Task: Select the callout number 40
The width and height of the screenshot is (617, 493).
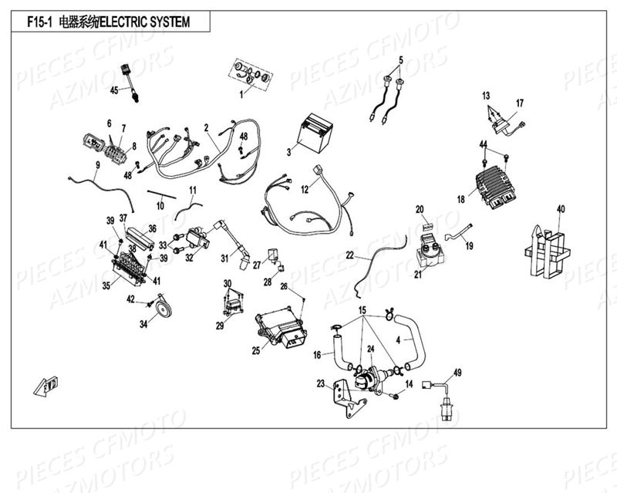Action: (x=561, y=208)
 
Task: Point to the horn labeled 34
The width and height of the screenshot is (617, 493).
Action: (x=162, y=308)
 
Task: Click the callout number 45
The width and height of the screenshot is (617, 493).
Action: (x=113, y=90)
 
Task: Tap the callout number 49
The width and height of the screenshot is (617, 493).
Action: (x=457, y=373)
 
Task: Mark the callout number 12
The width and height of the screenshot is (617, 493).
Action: (x=304, y=188)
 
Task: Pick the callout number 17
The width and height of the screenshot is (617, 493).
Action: (x=520, y=103)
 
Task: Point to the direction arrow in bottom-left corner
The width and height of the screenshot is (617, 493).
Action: (x=48, y=383)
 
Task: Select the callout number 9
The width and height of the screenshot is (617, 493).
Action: (x=98, y=165)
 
